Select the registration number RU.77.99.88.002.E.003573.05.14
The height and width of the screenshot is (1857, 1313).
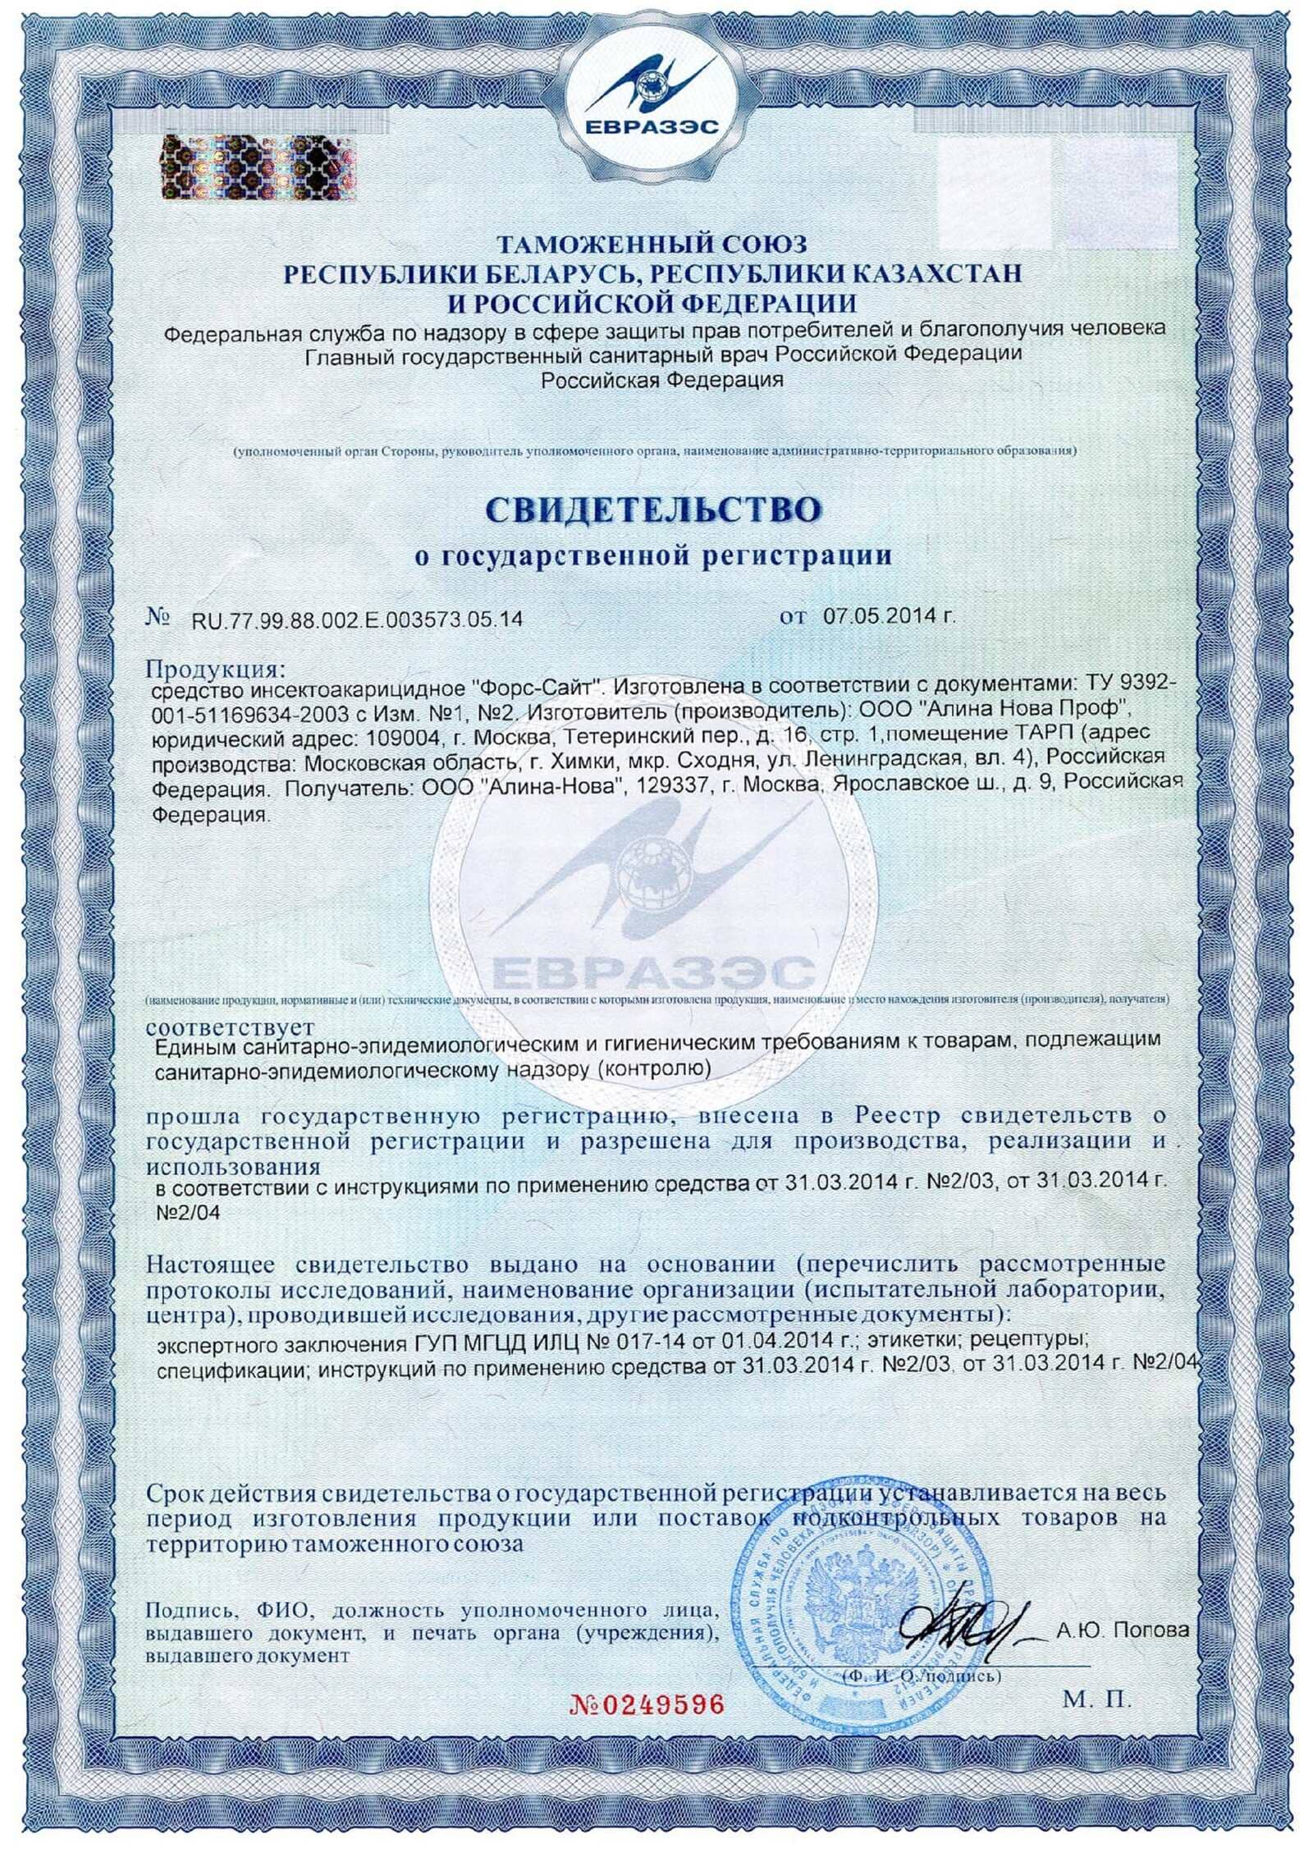pos(356,619)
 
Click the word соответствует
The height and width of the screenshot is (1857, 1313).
pos(230,1027)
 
